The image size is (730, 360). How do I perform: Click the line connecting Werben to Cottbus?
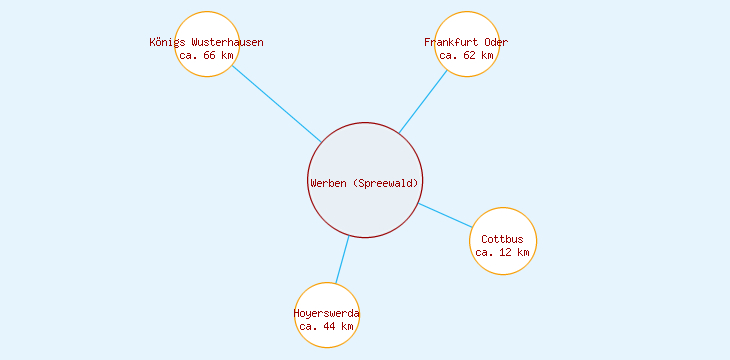444,215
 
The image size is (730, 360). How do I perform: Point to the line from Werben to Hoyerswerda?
342,260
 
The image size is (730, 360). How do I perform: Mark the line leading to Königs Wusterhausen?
276,104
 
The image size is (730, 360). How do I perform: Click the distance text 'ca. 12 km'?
502,253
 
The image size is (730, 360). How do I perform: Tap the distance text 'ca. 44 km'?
327,326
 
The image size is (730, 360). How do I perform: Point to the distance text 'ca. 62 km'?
466,56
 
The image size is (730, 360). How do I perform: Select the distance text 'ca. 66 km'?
206,56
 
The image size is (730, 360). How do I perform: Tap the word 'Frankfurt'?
451,43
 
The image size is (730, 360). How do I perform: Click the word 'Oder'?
496,43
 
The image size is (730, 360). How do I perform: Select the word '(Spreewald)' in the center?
386,182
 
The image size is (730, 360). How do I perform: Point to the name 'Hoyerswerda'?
327,314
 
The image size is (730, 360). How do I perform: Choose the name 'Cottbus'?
502,240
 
